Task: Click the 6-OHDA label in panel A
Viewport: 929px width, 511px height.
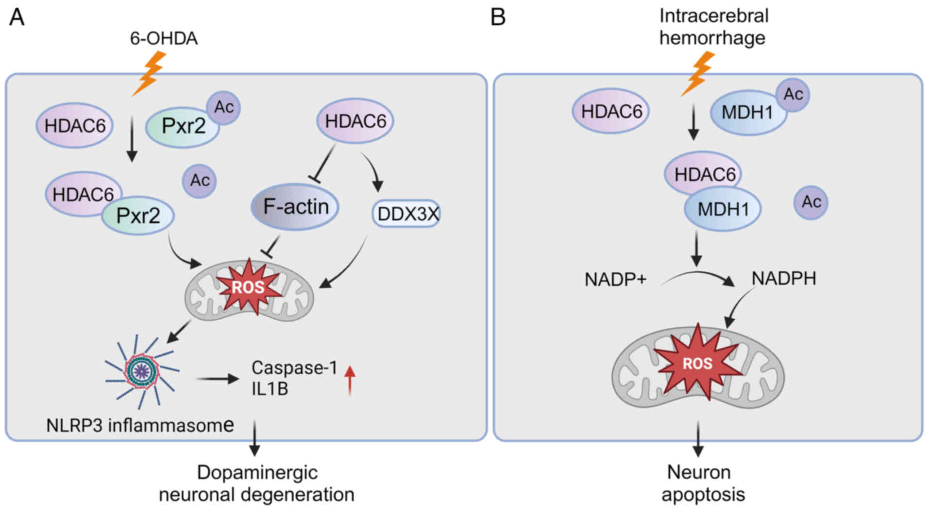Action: [x=164, y=38]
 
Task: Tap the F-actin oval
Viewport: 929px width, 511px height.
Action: [x=295, y=207]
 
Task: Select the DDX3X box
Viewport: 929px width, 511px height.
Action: [x=406, y=214]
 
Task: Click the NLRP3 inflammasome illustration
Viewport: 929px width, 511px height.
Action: [x=142, y=371]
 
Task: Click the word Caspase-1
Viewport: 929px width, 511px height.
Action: [x=294, y=368]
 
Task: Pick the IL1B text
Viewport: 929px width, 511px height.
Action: [x=270, y=389]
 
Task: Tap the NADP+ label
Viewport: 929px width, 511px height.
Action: [x=615, y=280]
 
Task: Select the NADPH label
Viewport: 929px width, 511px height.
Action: [x=783, y=279]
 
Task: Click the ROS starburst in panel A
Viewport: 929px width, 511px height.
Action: [x=248, y=287]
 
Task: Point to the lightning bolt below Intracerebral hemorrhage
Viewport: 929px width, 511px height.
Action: [x=697, y=73]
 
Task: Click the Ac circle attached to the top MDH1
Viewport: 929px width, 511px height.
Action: [x=793, y=94]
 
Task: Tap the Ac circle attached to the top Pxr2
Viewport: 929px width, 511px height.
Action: [x=223, y=107]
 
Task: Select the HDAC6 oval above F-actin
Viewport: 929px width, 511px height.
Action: [x=355, y=121]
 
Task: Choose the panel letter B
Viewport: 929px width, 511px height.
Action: [x=498, y=17]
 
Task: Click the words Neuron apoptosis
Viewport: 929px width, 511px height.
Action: [x=703, y=483]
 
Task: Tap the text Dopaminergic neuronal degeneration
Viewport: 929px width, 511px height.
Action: [x=257, y=483]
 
